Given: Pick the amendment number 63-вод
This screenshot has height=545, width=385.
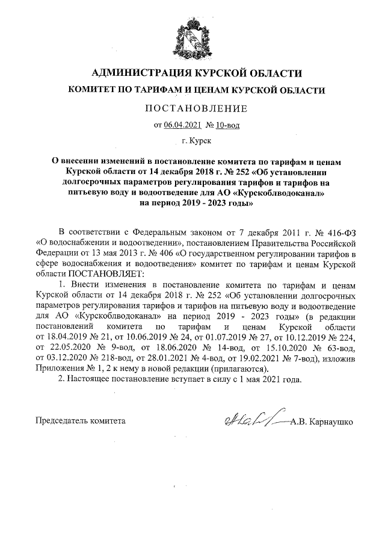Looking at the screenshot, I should pyautogui.click(x=341, y=349).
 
